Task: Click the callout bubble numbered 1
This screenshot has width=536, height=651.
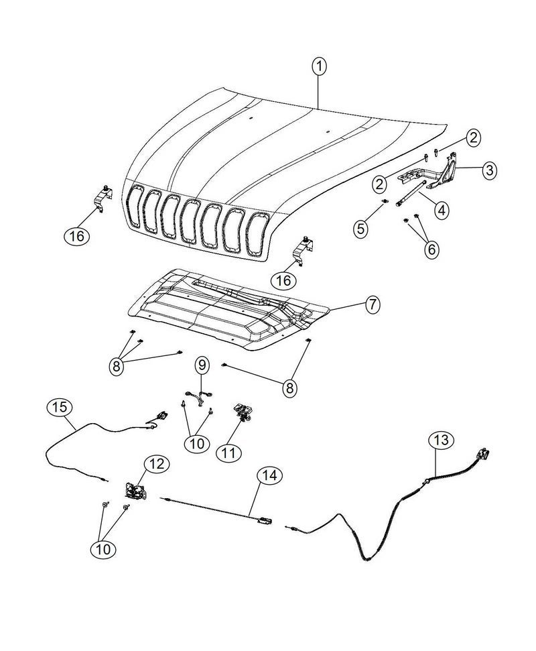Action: point(320,66)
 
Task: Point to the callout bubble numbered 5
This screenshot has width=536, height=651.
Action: point(361,228)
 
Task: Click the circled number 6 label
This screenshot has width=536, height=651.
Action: point(431,249)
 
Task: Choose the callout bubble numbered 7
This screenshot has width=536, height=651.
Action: point(372,305)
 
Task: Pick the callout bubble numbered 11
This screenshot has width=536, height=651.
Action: point(229,452)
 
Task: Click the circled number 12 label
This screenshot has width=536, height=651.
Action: point(157,464)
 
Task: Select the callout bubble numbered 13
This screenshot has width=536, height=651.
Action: point(442,440)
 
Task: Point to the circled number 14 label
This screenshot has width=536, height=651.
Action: point(269,475)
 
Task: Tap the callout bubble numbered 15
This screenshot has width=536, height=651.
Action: point(60,407)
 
